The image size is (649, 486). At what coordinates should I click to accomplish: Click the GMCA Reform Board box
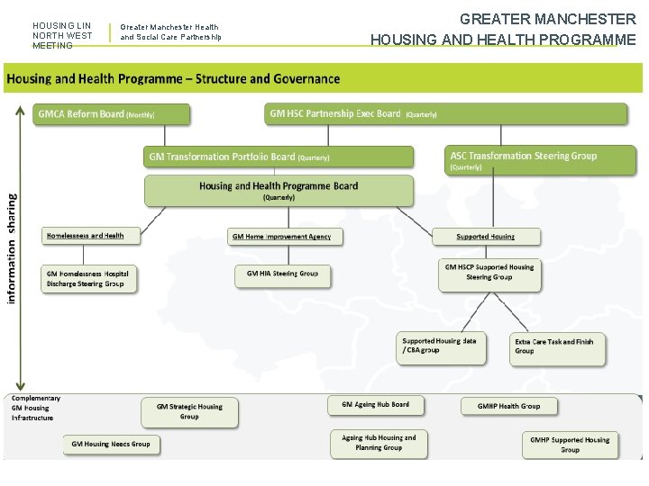[113, 114]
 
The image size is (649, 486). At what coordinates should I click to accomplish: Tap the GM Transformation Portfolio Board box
[279, 157]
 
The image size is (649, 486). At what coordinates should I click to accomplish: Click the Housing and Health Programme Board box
[279, 190]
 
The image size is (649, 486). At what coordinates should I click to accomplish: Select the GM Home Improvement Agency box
[281, 237]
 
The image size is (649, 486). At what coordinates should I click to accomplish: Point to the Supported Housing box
[486, 237]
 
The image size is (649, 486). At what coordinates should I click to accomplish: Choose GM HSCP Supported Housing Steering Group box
[489, 273]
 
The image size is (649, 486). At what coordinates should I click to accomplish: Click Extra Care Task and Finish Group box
[554, 346]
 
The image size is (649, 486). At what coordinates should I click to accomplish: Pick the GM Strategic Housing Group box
[189, 411]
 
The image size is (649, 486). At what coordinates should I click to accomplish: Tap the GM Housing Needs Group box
[111, 444]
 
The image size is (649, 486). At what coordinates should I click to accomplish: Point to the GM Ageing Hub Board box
[375, 405]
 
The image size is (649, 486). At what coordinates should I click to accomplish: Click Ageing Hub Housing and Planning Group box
[379, 442]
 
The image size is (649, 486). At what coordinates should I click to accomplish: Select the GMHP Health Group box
[508, 406]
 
